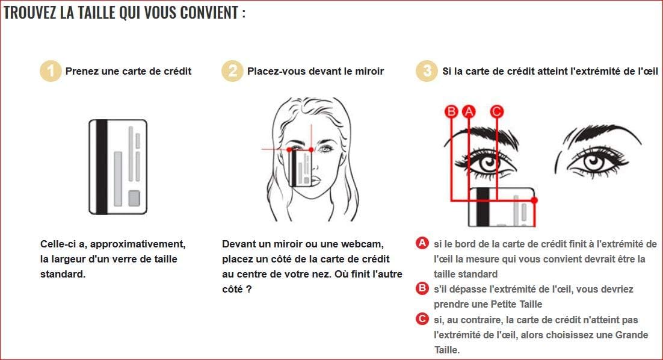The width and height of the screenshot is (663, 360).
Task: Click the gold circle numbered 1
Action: coord(51,70)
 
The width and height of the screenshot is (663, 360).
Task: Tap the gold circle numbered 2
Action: coord(233,70)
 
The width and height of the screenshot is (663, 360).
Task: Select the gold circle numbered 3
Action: coord(427,70)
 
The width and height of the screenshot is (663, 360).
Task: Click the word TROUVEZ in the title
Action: coord(29,13)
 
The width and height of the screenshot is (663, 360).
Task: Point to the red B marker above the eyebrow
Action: coord(451,112)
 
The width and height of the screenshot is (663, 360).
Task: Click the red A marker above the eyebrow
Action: coord(469,112)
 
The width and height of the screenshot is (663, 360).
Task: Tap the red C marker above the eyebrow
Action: coord(497,112)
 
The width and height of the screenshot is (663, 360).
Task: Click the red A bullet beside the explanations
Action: coord(422,243)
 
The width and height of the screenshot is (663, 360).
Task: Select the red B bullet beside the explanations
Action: coord(422,288)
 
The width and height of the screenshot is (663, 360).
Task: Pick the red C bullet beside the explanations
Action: coord(422,318)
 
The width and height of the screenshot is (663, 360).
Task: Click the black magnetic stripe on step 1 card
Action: coord(102,167)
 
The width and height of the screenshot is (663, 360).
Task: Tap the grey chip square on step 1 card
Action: coord(134,198)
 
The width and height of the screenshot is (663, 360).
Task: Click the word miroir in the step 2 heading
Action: coord(369,71)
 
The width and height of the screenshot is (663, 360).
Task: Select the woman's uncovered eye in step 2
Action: coord(326,149)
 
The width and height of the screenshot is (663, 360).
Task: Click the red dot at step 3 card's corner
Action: coord(534,200)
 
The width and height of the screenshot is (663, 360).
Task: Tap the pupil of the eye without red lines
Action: coord(594,161)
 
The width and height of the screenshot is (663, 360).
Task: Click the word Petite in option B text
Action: coord(505,304)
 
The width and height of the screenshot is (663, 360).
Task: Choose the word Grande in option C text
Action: coord(632,335)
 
